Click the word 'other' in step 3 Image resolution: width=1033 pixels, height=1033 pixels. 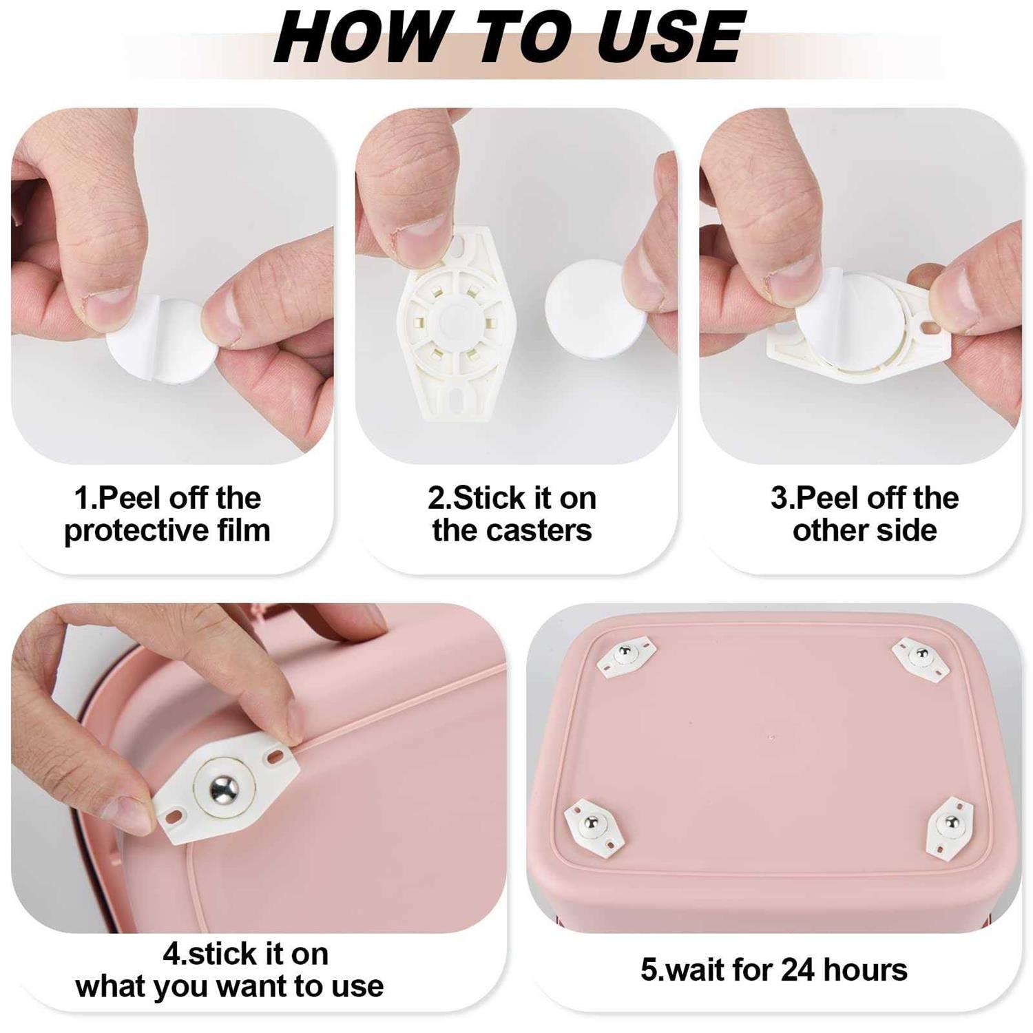pos(830,530)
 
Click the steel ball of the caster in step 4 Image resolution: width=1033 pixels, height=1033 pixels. pos(224,786)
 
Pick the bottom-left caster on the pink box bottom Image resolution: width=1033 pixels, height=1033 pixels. pos(594,824)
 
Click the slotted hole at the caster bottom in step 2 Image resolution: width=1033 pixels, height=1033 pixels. pos(457,399)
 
